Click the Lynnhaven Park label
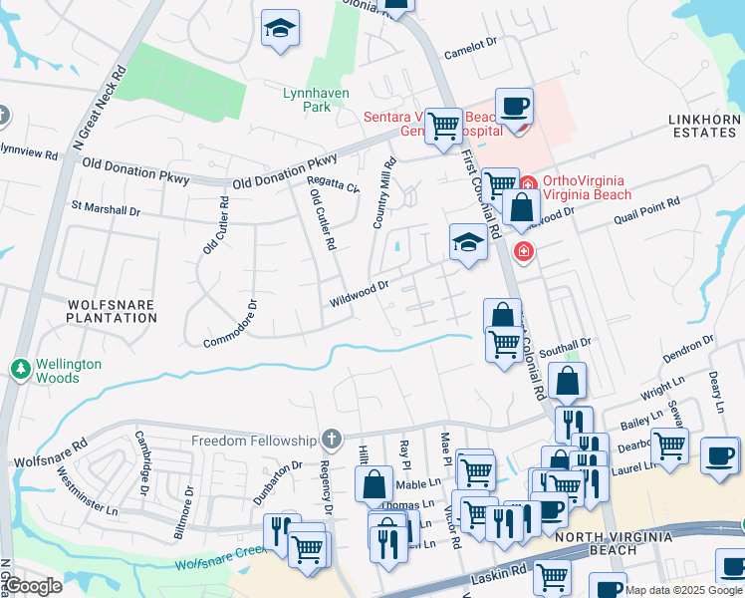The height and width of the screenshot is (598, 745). pyautogui.click(x=306, y=99)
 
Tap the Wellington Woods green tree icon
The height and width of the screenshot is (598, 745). pyautogui.click(x=19, y=370)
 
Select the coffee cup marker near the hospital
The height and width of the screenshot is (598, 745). pyautogui.click(x=514, y=107)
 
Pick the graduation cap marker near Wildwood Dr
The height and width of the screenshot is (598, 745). pyautogui.click(x=466, y=242)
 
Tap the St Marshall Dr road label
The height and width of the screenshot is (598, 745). pyautogui.click(x=105, y=209)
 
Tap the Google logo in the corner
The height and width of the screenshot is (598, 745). pyautogui.click(x=34, y=586)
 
